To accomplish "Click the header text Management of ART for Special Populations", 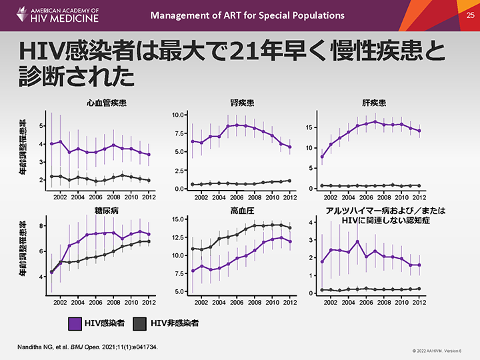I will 247,15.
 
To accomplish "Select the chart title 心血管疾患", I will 106,103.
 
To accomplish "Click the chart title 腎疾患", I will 241,103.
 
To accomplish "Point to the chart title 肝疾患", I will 373,103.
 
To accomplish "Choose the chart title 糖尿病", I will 107,211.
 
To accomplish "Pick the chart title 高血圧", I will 241,211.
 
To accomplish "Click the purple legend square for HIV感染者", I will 75,323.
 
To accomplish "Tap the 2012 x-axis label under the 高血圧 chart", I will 289,301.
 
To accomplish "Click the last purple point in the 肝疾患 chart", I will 419,131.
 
